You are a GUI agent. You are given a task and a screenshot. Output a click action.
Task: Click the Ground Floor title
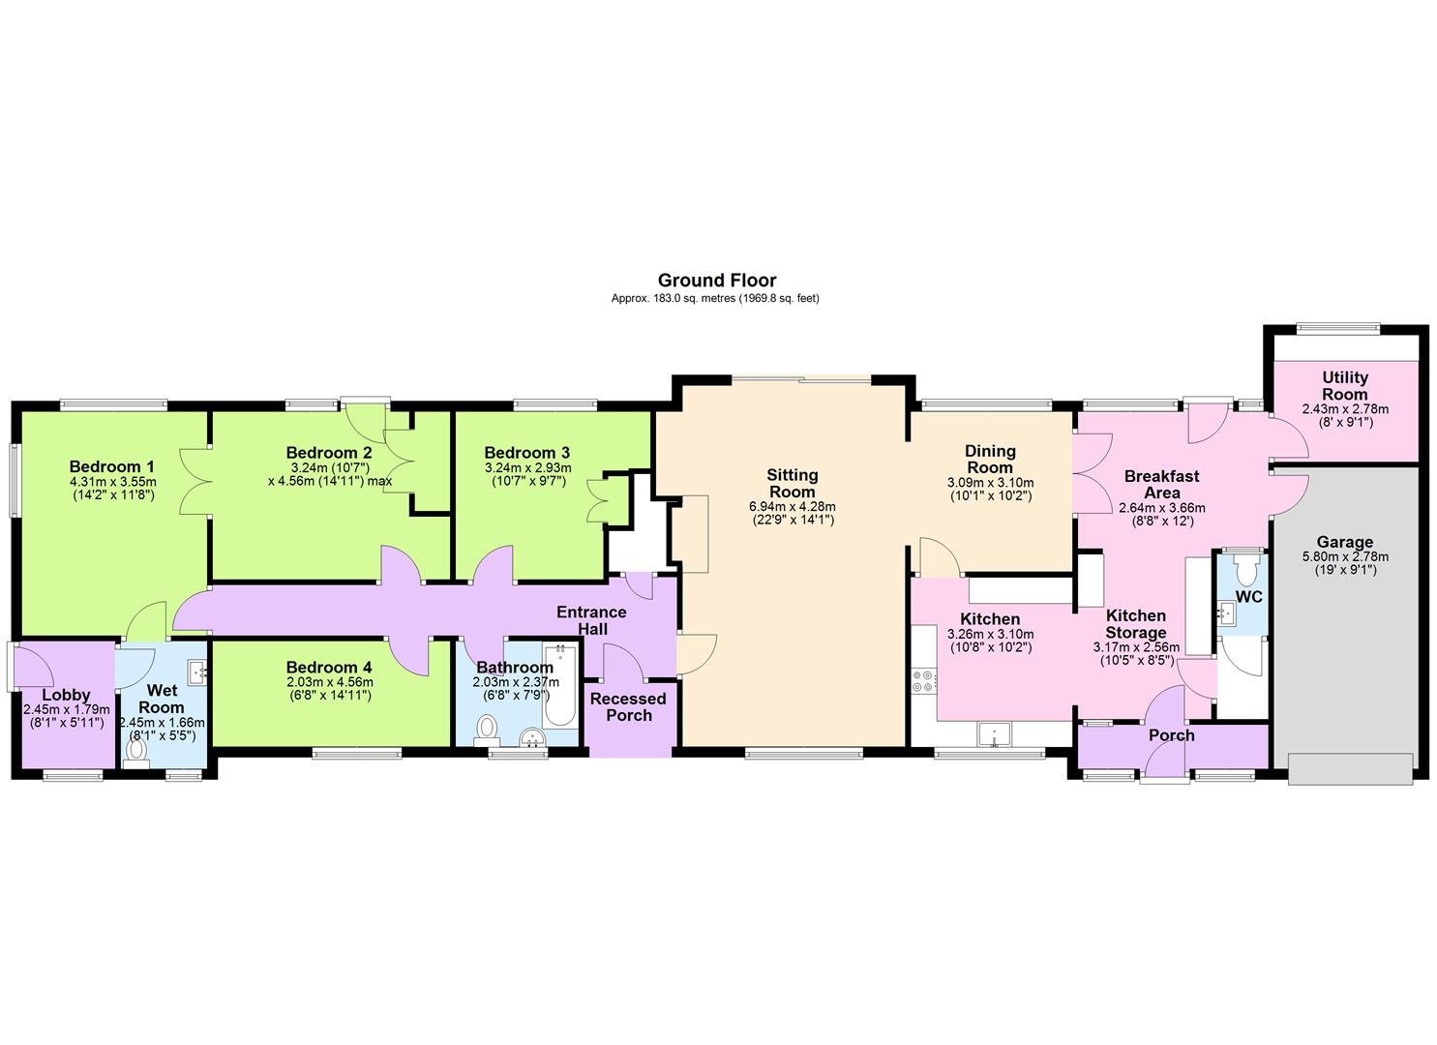(x=717, y=281)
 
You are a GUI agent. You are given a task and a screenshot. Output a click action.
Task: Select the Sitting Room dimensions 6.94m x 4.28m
(x=792, y=506)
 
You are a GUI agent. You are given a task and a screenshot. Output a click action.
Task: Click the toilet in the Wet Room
(x=135, y=752)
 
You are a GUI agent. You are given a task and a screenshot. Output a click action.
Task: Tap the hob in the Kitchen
(x=923, y=680)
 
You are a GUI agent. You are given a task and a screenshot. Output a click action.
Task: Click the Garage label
(x=1344, y=543)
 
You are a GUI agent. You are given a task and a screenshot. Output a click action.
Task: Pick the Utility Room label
(x=1345, y=385)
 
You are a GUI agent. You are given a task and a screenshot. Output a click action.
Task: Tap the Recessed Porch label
(x=628, y=706)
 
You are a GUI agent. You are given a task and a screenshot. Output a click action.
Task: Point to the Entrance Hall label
(x=591, y=620)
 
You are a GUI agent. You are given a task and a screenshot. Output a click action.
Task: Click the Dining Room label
(x=990, y=459)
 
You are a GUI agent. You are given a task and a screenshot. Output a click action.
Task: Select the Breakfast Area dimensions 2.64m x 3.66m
(x=1161, y=507)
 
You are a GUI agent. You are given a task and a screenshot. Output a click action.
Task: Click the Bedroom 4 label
(x=329, y=667)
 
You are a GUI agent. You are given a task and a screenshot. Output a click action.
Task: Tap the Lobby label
(x=66, y=695)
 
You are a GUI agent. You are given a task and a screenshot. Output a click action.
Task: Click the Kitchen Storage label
(x=1136, y=624)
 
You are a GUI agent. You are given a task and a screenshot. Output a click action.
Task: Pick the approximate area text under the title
(x=715, y=299)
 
